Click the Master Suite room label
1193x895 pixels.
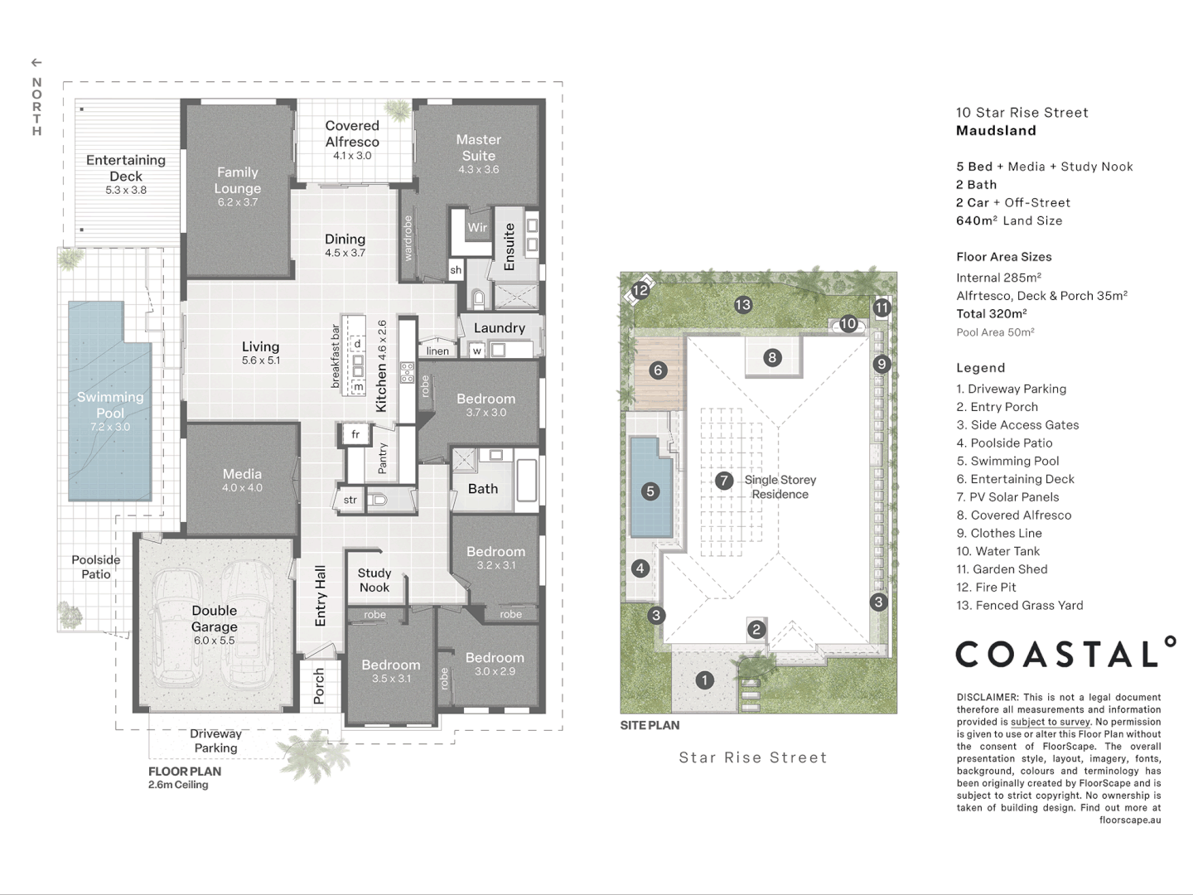[478, 148]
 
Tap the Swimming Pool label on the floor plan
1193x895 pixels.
[110, 404]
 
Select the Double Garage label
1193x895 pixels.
[215, 618]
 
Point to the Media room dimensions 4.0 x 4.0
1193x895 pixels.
[242, 488]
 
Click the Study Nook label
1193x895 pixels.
[374, 580]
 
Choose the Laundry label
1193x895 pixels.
[499, 328]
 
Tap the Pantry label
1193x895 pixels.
[383, 457]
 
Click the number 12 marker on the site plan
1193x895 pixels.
[640, 290]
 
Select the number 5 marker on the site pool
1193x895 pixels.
[650, 491]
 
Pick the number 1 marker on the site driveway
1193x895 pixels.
[704, 680]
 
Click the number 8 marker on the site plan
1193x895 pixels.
[772, 357]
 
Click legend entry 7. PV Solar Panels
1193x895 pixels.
[1007, 497]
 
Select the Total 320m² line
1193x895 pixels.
[992, 314]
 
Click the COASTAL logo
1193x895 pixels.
[1065, 653]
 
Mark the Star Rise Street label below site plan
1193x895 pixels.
[753, 757]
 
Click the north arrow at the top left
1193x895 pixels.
[36, 63]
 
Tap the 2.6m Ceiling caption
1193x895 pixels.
[178, 785]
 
